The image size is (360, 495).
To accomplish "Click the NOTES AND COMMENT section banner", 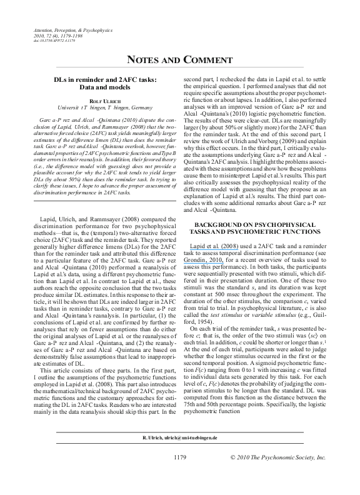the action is click(x=179, y=60).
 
